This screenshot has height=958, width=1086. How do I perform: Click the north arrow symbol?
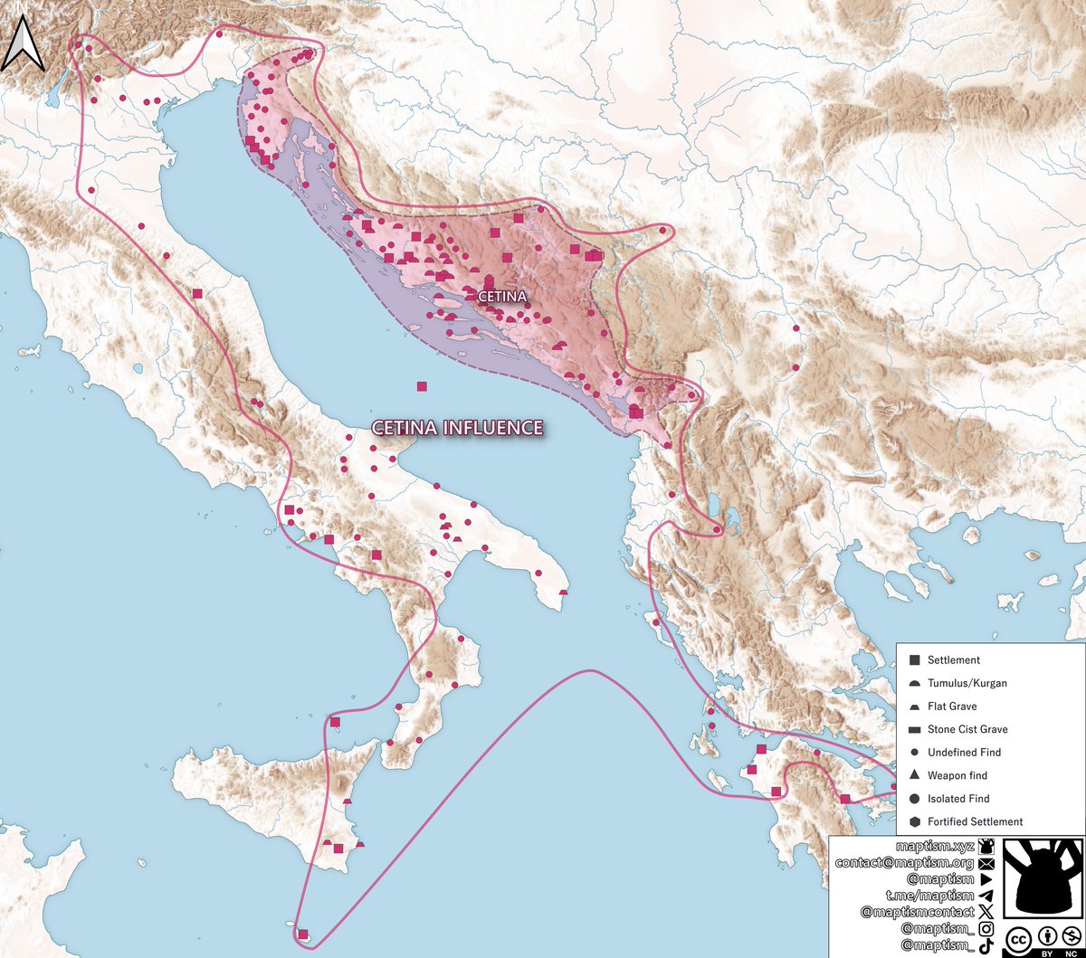[x=23, y=47]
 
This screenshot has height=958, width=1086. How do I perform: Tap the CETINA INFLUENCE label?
[x=458, y=428]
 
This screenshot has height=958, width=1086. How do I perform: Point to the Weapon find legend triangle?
[x=914, y=775]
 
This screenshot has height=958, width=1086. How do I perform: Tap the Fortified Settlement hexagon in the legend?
[x=914, y=821]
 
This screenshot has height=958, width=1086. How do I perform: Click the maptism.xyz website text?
[x=934, y=847]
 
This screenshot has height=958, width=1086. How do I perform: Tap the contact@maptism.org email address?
[x=906, y=863]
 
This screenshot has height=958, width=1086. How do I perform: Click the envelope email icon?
[x=986, y=863]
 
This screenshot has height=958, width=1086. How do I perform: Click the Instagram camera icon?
[x=986, y=929]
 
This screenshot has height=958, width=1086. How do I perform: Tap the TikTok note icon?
[x=986, y=945]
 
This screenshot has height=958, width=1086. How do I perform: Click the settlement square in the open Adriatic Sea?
[x=422, y=386]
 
